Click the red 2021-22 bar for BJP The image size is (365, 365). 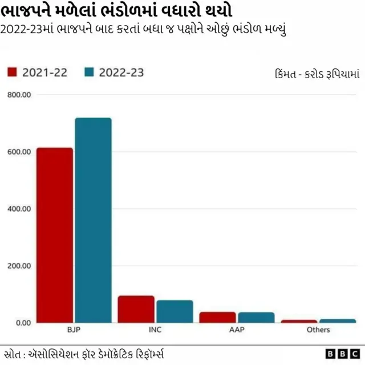[x=55, y=235]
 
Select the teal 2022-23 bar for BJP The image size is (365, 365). [x=93, y=220]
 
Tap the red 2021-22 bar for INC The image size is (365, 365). [x=136, y=309]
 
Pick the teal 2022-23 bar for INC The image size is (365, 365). [x=175, y=311]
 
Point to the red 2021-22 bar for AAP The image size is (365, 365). [x=217, y=317]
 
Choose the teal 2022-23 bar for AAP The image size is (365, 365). [x=255, y=317]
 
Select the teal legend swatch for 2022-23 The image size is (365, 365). [x=89, y=72]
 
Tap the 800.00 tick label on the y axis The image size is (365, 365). [x=19, y=95]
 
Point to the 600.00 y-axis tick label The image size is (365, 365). [x=19, y=152]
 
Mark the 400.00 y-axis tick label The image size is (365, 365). [x=19, y=209]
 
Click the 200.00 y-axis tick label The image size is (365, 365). [x=19, y=266]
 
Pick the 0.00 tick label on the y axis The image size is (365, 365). [x=22, y=323]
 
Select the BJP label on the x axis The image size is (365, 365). [x=74, y=330]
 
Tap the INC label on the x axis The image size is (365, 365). [x=155, y=330]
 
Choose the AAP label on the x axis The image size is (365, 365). [x=237, y=330]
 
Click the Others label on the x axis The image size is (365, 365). [x=318, y=330]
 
